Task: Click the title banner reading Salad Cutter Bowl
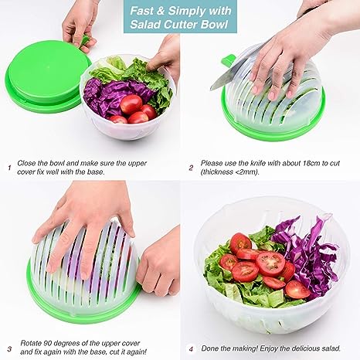179,16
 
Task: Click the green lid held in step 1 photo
42,77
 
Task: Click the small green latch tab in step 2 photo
227,59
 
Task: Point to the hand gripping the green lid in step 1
77,19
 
